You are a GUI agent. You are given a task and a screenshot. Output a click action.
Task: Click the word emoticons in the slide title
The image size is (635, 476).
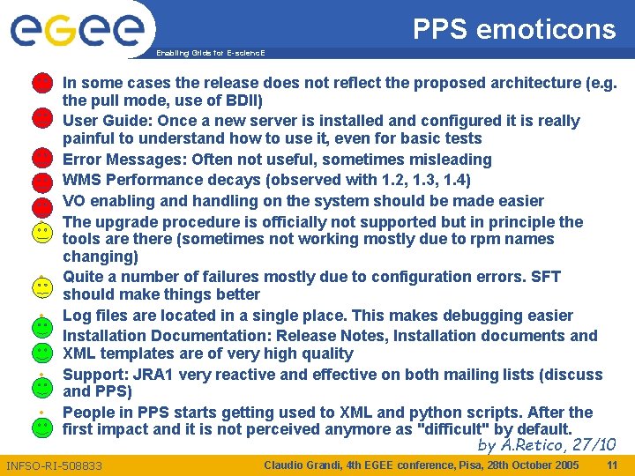click(546, 29)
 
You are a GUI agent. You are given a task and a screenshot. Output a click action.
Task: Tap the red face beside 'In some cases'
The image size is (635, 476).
click(41, 84)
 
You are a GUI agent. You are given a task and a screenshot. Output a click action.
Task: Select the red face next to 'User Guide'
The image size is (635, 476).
click(41, 117)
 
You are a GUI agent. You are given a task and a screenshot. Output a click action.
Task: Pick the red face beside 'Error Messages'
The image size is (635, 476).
click(41, 159)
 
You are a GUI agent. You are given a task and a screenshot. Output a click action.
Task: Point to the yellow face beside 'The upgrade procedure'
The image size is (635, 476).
click(41, 233)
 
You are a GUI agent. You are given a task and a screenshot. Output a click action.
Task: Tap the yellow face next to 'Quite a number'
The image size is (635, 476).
click(41, 286)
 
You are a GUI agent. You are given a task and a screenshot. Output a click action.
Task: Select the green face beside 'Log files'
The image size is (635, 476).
click(41, 328)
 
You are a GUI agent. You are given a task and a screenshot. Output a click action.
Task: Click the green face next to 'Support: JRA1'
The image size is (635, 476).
click(41, 386)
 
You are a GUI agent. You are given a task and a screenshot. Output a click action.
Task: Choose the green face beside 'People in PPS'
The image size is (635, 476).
click(41, 427)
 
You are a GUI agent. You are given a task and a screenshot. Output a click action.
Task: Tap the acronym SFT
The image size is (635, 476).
click(545, 277)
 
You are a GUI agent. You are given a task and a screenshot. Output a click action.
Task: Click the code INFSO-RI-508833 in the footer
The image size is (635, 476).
click(55, 465)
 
